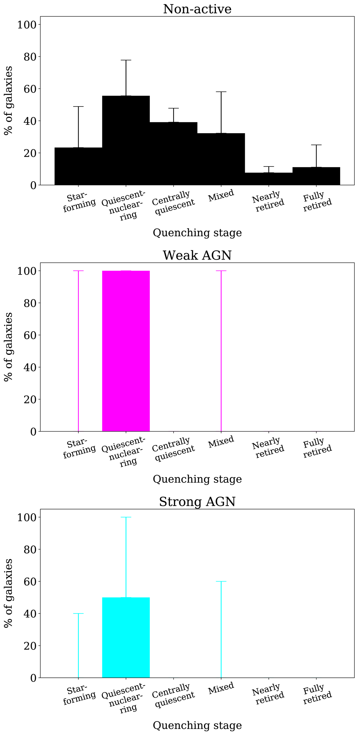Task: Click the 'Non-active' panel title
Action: [197, 9]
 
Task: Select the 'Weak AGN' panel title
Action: [197, 255]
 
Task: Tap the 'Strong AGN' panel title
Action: [197, 502]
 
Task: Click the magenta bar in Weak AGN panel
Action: [126, 351]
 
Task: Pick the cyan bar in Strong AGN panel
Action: [126, 637]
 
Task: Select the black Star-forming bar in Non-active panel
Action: [78, 166]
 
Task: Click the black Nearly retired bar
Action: [269, 179]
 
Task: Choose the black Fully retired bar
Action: [316, 176]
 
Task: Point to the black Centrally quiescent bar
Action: [173, 154]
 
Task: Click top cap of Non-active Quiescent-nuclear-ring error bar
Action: [126, 60]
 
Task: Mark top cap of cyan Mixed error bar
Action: [221, 581]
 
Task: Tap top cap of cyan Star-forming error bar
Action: [78, 614]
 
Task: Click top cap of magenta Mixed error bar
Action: [221, 271]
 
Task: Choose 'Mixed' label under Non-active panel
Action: [221, 196]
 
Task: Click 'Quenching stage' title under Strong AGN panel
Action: [197, 725]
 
